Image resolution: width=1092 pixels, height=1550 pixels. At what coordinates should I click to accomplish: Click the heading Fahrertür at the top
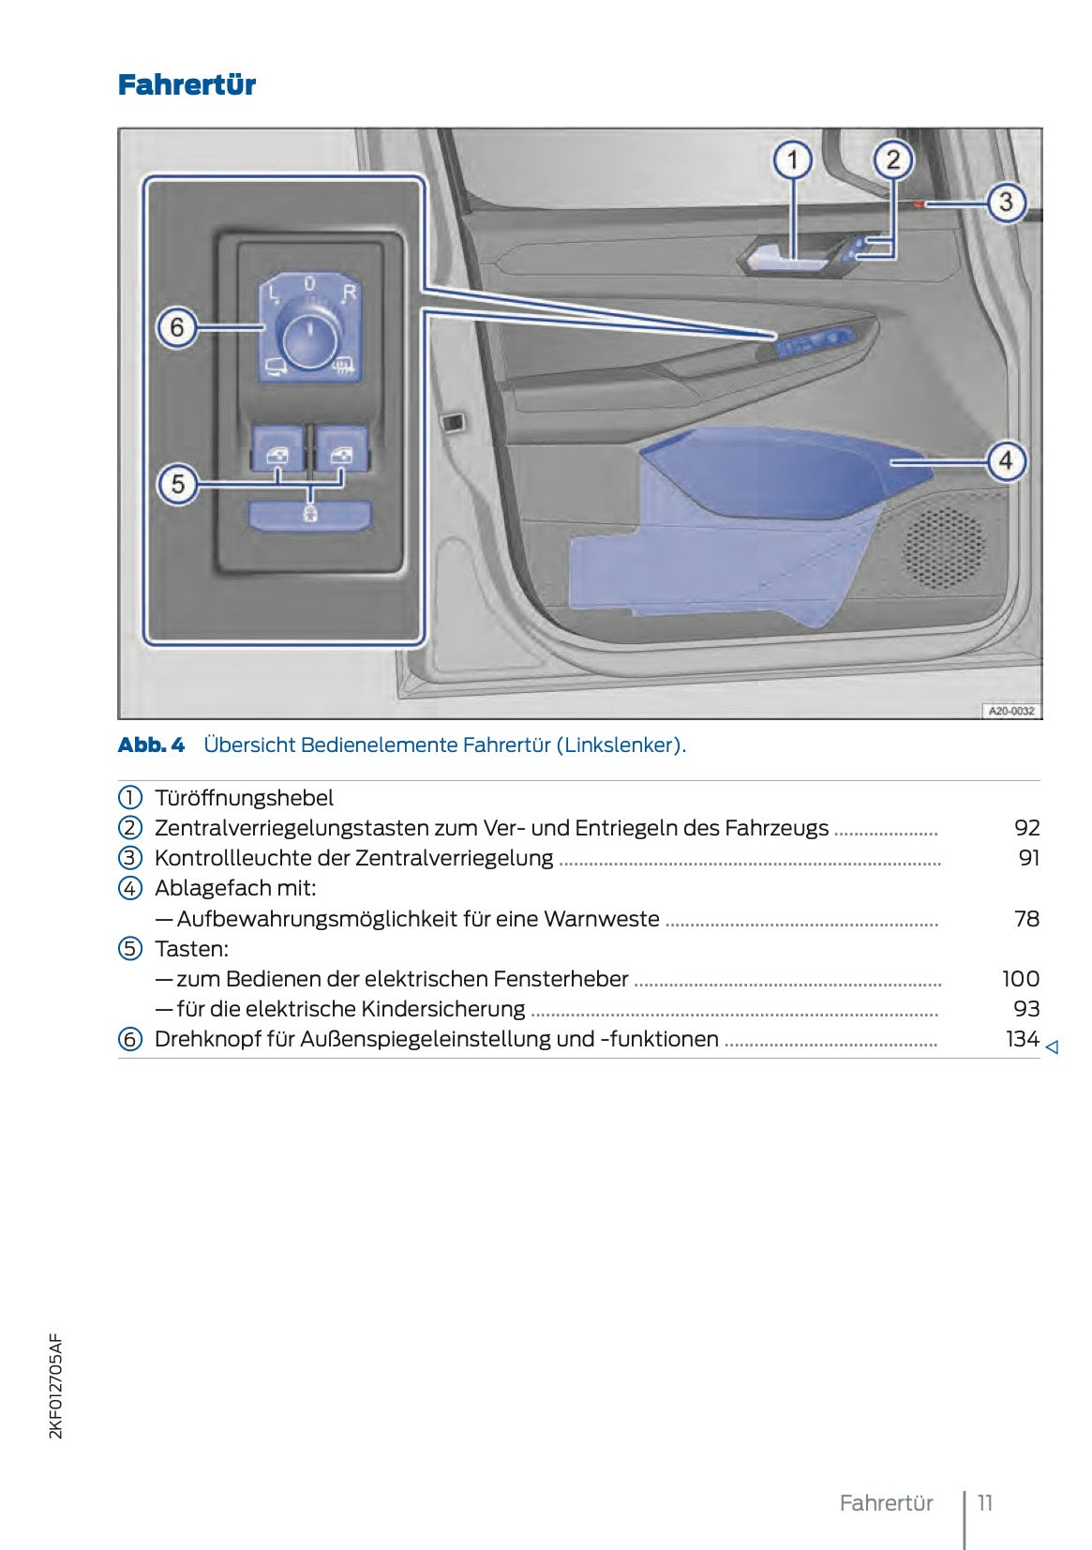point(187,85)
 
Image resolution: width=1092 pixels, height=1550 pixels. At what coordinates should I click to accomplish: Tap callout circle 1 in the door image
point(792,159)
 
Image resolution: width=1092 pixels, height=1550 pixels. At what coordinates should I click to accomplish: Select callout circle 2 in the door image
point(893,159)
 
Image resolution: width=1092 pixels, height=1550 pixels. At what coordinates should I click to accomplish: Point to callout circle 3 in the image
point(1006,202)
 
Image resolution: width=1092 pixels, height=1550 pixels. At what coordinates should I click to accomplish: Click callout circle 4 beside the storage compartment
point(1006,460)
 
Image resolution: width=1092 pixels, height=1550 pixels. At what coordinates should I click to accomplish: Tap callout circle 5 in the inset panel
point(177,484)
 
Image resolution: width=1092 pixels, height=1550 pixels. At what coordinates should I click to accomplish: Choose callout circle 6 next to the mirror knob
point(177,328)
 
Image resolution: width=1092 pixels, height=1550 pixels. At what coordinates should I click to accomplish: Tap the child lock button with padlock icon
point(309,514)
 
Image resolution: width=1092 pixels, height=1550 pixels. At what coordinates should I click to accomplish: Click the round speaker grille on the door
point(943,547)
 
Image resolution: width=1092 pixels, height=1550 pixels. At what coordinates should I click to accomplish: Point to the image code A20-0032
point(1011,711)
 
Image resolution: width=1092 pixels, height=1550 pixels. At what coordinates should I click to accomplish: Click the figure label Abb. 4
point(151,745)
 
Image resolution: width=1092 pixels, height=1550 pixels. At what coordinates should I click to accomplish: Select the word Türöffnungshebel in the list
point(244,798)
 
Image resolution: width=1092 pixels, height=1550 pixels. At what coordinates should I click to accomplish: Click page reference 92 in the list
point(1026,828)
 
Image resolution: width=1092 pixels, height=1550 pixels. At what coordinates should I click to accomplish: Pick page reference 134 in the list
point(1022,1039)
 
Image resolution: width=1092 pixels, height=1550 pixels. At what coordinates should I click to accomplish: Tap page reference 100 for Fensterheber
point(1020,979)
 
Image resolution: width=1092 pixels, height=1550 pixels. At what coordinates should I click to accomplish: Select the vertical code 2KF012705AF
point(55,1386)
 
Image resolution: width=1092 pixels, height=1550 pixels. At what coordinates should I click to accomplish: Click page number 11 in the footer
point(984,1502)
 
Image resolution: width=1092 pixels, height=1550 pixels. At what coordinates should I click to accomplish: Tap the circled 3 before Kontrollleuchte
point(130,858)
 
